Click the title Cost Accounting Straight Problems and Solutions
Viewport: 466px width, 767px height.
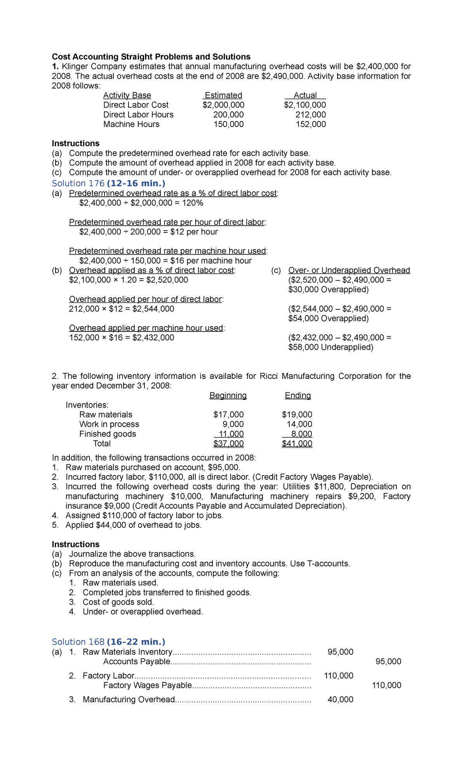[x=151, y=57]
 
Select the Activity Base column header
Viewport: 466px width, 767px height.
[x=127, y=95]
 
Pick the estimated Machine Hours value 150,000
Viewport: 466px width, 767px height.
[x=228, y=125]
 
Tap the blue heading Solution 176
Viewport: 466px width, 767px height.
[x=78, y=184]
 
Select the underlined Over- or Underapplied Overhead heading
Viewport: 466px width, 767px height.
[x=349, y=271]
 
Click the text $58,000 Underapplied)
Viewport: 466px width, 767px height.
[x=330, y=347]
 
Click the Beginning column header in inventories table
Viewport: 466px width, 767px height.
[x=228, y=396]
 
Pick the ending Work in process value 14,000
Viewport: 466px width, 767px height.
[x=299, y=425]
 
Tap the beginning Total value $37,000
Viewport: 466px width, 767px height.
[x=228, y=444]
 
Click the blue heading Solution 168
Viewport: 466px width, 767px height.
[x=78, y=642]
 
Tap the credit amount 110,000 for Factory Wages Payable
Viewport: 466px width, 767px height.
[x=386, y=685]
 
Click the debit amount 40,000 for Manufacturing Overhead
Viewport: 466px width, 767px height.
[x=340, y=700]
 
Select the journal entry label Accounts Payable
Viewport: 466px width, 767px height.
[x=137, y=662]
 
